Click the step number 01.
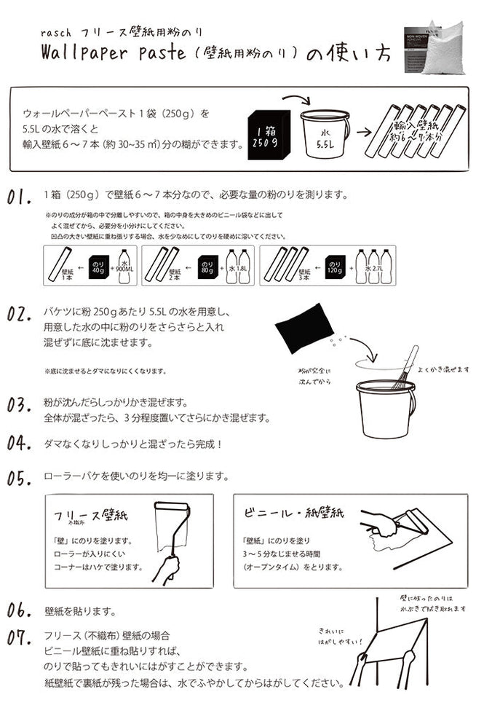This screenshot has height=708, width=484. click(x=19, y=197)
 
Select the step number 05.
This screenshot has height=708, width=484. click(x=19, y=478)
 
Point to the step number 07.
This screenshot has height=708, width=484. click(x=19, y=639)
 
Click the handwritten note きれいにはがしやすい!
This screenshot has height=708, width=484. click(x=338, y=636)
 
